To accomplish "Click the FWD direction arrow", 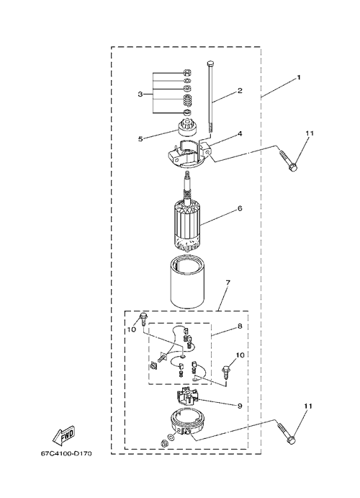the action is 63,437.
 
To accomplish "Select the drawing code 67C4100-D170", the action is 66,453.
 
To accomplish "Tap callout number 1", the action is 299,78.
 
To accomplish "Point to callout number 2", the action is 240,91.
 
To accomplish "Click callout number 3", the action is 140,94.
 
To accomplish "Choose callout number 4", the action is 240,134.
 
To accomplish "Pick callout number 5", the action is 140,139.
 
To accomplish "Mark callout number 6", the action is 240,208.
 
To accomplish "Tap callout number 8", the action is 240,326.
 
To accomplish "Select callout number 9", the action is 240,406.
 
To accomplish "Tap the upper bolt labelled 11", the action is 288,161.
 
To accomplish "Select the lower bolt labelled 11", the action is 287,433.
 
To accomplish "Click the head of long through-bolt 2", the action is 210,63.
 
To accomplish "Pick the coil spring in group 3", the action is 188,101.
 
